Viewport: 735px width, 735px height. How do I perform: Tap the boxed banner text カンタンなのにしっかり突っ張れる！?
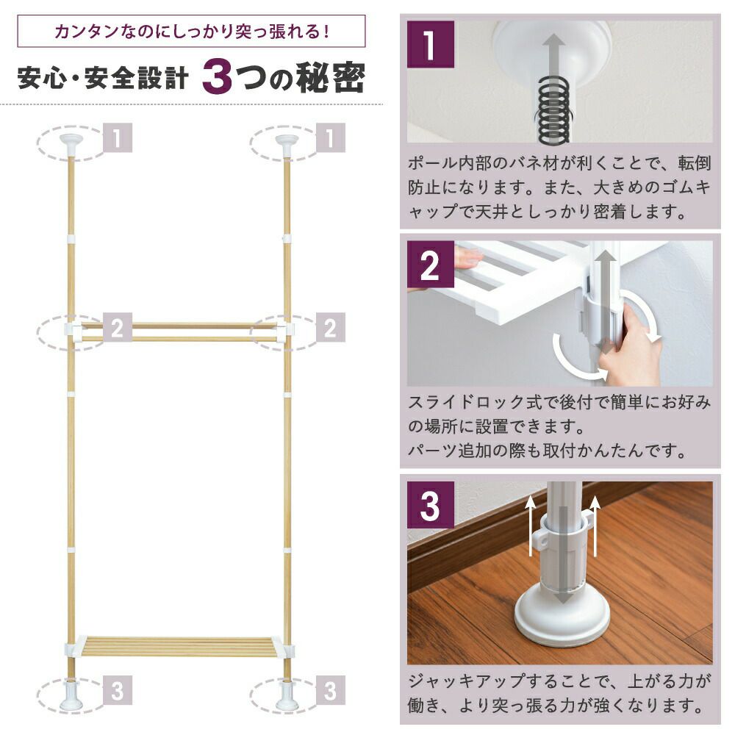pyautogui.click(x=191, y=32)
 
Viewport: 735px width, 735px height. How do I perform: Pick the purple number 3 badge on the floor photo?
pyautogui.click(x=431, y=505)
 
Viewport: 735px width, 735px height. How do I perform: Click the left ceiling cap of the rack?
pyautogui.click(x=71, y=141)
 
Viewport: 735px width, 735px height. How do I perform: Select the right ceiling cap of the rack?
pyautogui.click(x=285, y=141)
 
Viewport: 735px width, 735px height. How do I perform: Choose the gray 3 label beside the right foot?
pyautogui.click(x=330, y=692)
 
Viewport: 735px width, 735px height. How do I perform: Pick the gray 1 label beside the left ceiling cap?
pyautogui.click(x=117, y=138)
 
